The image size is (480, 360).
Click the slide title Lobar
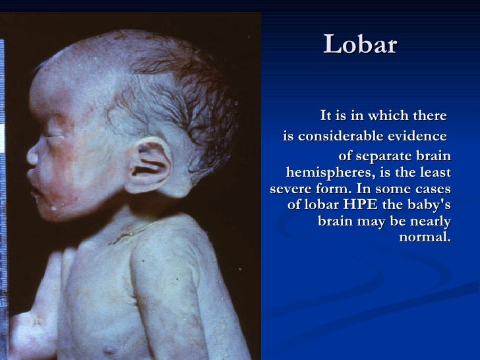point(361,45)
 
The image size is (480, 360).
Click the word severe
point(291,189)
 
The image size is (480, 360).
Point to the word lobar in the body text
point(325,205)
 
